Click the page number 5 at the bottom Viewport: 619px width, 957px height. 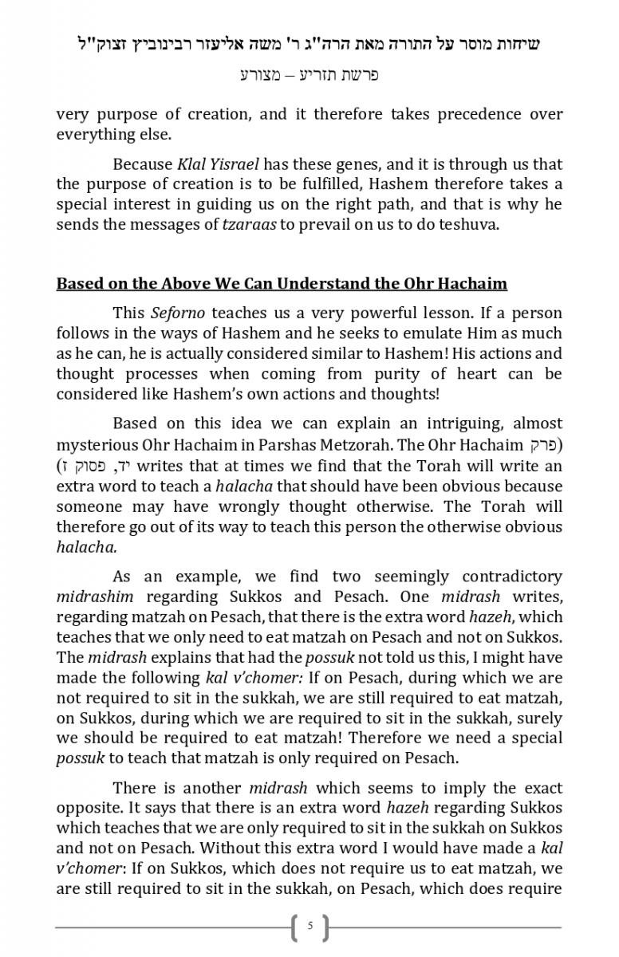click(309, 927)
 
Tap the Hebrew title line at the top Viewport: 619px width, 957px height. click(309, 44)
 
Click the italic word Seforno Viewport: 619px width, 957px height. click(177, 313)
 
